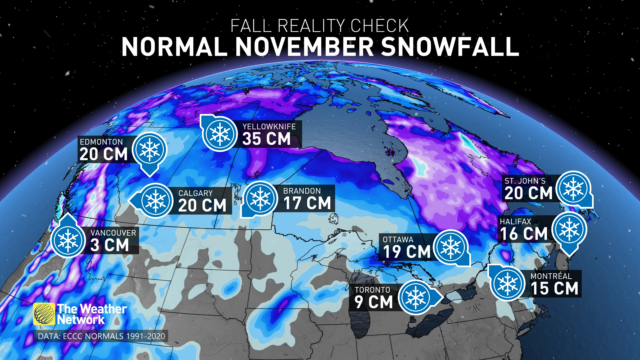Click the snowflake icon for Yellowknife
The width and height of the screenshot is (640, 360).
coord(220,134)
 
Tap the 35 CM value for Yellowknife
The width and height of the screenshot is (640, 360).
coord(266,139)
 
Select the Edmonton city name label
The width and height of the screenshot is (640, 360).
coord(101,142)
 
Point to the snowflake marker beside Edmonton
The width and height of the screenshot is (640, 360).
coord(150,150)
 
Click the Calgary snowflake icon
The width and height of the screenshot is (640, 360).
coord(156,201)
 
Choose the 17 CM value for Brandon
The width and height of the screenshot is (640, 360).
coord(307,203)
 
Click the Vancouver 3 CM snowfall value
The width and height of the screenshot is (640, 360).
coord(110,245)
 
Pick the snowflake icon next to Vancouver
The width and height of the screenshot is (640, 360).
coord(68,240)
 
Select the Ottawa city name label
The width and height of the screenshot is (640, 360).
coord(398,240)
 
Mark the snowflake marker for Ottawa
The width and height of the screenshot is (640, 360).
coord(451,248)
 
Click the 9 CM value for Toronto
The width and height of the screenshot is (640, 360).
coord(373,302)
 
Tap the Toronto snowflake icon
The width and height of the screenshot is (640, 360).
coord(416,298)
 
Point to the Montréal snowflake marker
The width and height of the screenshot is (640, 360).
coord(507,283)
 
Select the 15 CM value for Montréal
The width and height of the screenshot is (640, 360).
coord(554,289)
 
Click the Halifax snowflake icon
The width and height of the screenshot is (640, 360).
coord(569,229)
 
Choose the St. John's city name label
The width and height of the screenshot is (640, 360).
coord(525,181)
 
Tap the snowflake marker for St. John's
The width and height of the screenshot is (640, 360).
coord(573,188)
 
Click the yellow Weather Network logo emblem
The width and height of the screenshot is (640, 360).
coord(44,314)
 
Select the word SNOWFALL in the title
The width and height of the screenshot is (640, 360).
coord(450,47)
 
